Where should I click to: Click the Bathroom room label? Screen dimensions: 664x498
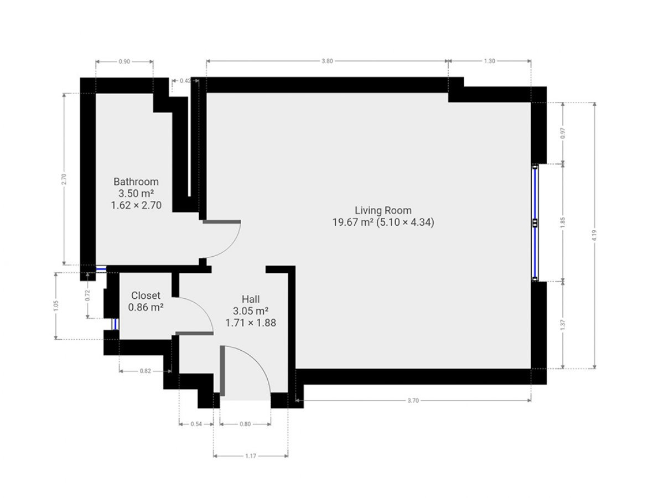136,181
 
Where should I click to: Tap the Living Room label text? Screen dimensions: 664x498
383,210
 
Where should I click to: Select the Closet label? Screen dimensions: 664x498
146,295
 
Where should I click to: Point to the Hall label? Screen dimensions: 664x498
251,299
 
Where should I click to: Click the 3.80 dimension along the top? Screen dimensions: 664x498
327,61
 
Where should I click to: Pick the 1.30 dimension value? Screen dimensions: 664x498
490,61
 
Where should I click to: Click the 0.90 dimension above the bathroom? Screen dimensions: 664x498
124,61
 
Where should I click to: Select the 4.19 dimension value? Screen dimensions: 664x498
594,236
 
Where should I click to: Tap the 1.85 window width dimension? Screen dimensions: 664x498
562,223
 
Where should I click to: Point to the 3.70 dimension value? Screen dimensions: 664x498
413,401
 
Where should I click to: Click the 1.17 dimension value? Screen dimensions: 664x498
251,456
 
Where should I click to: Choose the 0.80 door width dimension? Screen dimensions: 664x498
245,424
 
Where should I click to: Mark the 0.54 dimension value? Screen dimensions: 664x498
196,424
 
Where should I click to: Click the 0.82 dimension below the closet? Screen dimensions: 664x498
145,371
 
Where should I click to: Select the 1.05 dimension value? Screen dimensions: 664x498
56,305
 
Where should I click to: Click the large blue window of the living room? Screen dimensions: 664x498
535,223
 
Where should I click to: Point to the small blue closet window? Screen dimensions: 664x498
115,324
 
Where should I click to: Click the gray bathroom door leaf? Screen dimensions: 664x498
222,222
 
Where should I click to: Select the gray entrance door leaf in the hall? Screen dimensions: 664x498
222,371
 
